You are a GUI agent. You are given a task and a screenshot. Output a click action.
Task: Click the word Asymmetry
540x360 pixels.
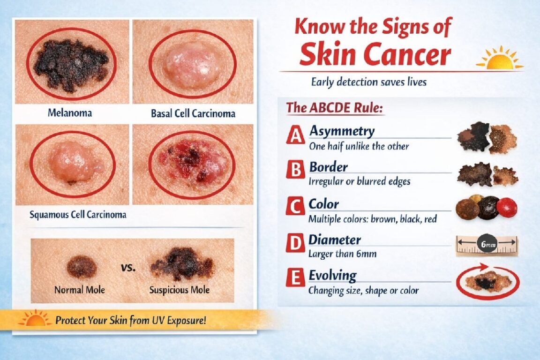(342, 131)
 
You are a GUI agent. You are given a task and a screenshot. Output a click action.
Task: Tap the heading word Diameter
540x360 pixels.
(335, 240)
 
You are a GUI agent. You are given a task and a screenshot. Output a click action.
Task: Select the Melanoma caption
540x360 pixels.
(70, 112)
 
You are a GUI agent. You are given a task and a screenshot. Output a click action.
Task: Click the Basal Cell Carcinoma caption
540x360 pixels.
(193, 113)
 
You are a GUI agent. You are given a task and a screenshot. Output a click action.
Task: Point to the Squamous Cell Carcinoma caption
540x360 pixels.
(78, 215)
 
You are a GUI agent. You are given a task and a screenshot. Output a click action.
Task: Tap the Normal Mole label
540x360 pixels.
(79, 290)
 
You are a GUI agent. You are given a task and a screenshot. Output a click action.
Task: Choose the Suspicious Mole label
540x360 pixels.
(180, 290)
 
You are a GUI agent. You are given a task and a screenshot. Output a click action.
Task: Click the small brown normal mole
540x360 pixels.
(82, 267)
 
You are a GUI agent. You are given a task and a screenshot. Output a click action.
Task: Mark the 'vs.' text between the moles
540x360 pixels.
(128, 268)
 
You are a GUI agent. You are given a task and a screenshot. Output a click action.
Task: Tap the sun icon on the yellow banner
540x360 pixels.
(35, 318)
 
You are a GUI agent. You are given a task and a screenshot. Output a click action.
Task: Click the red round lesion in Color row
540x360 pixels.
(506, 207)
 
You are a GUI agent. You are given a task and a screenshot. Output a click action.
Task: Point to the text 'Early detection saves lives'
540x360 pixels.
(368, 82)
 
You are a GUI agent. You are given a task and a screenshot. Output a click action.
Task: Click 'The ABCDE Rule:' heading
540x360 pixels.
(335, 108)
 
